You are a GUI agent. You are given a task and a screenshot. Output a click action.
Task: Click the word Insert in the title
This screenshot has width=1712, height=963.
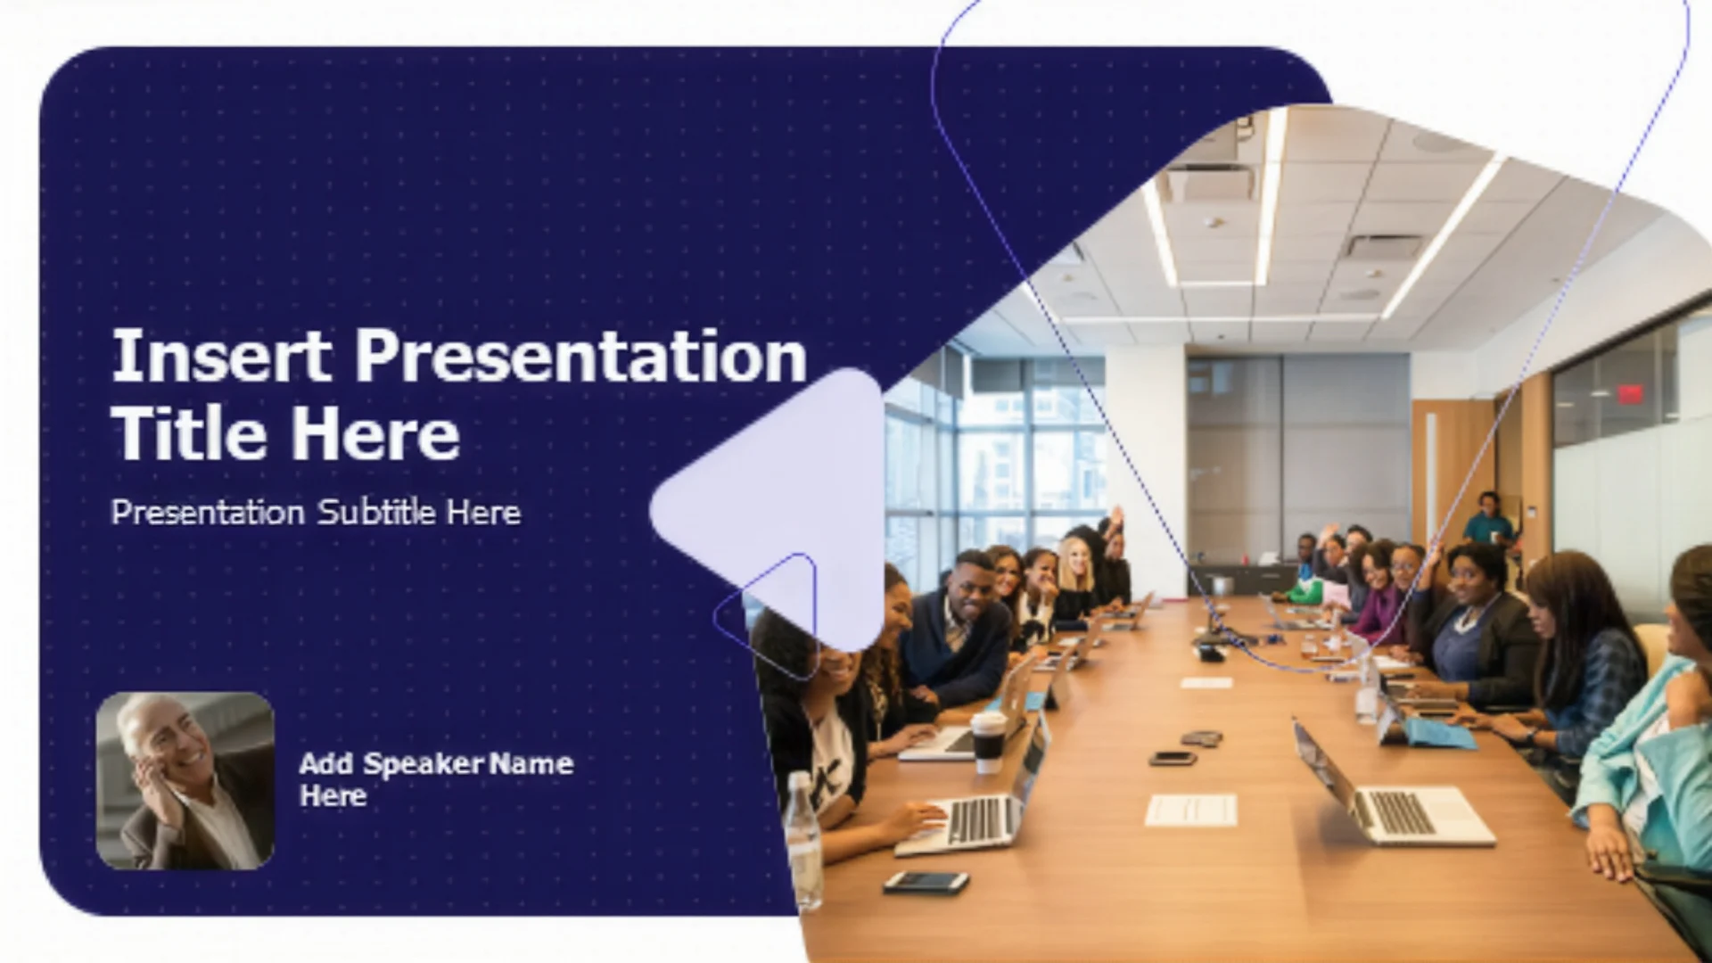tap(222, 355)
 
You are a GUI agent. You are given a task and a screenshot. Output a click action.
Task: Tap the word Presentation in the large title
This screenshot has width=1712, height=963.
tap(581, 357)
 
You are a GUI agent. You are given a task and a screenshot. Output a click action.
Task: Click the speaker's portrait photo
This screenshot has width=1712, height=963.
tap(185, 781)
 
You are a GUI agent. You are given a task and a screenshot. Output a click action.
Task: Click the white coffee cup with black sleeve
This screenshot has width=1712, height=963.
tap(988, 742)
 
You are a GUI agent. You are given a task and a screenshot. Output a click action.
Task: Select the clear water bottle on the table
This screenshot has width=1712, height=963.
tap(804, 843)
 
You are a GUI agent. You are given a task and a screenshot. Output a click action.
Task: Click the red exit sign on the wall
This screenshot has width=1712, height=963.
tap(1630, 393)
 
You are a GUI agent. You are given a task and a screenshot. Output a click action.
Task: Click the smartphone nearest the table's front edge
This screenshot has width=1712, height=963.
tap(926, 882)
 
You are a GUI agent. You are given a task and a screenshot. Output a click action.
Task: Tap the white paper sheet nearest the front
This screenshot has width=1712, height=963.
tap(1191, 811)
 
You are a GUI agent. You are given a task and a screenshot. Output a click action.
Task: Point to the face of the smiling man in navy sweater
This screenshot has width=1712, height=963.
tap(974, 581)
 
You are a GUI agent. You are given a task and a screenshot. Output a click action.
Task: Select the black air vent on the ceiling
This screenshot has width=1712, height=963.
tap(1384, 246)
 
